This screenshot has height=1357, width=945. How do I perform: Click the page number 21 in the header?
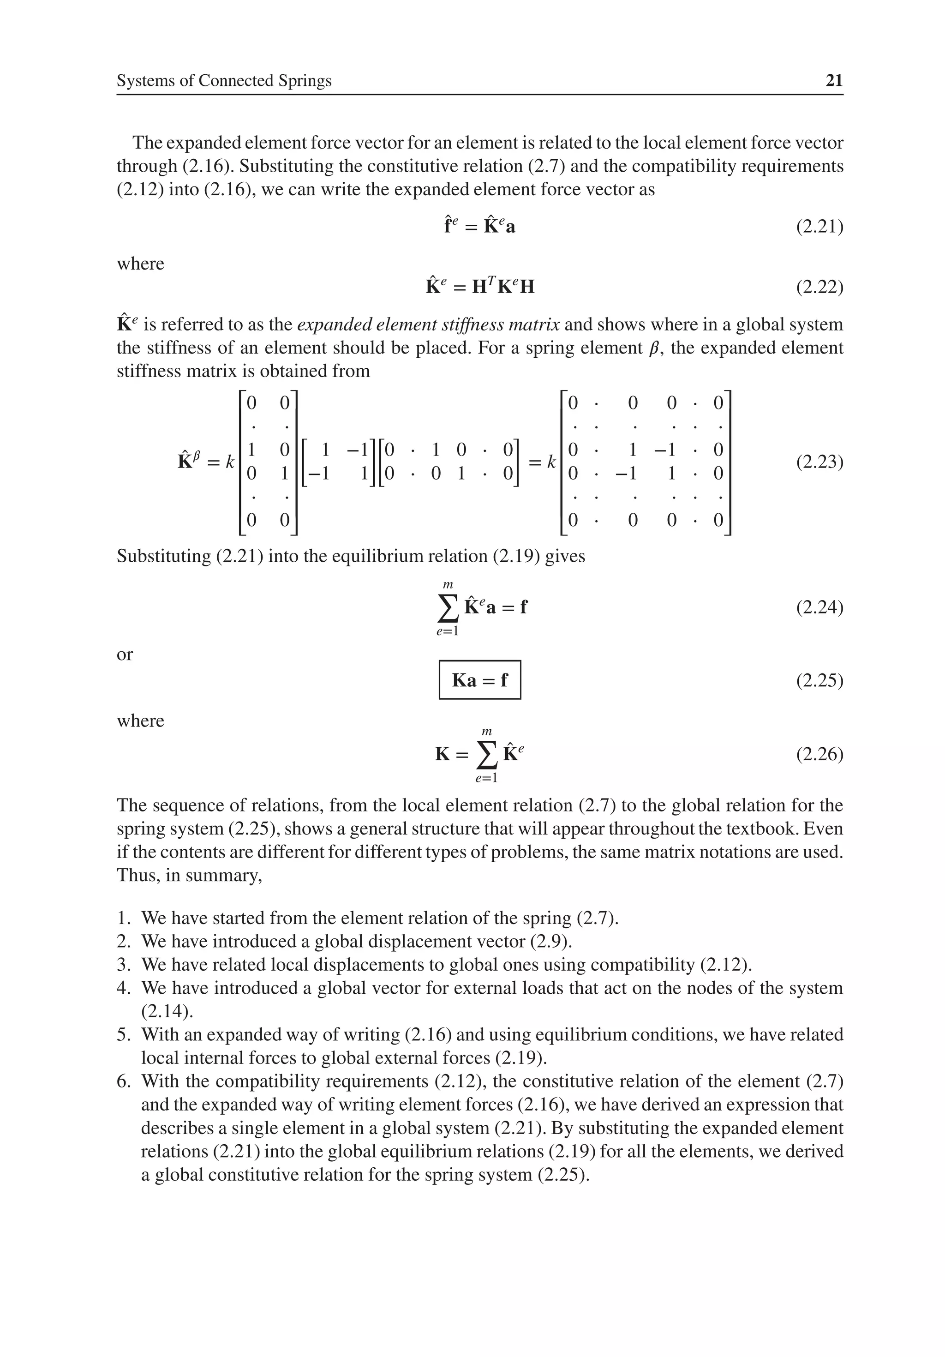833,80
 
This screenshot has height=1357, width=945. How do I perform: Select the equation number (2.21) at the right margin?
819,226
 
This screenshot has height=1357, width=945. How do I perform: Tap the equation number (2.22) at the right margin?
819,287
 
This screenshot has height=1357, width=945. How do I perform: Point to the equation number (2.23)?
819,462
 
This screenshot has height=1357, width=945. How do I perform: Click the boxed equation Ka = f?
479,680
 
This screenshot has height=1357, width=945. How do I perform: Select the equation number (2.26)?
819,754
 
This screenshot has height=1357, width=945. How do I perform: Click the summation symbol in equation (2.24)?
448,608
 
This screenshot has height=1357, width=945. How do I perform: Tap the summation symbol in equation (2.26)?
486,755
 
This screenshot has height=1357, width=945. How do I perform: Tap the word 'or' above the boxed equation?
125,654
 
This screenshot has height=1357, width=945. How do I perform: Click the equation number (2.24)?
819,607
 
